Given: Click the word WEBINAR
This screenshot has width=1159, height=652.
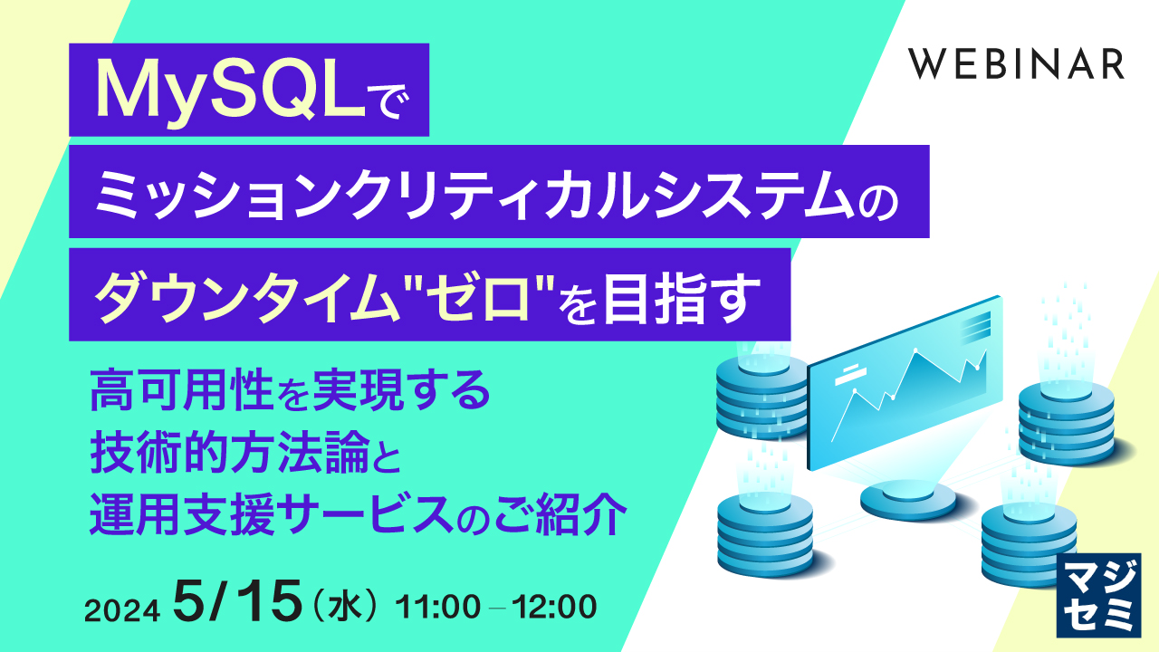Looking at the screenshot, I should coord(1017,64).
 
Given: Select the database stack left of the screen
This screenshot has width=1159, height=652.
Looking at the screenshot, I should coord(761,394).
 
